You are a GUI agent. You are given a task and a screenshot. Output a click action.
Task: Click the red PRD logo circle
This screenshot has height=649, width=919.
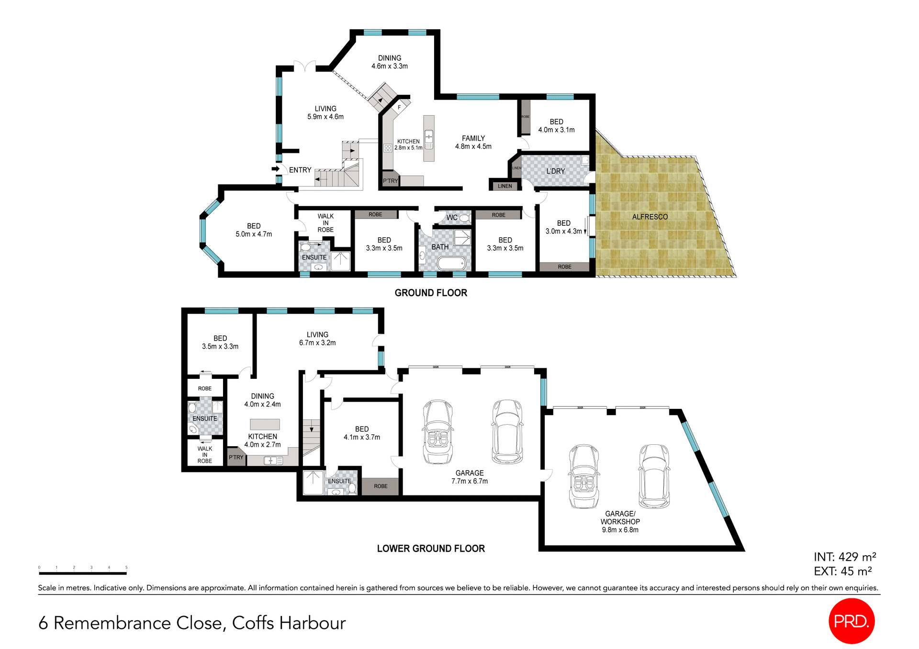(x=851, y=621)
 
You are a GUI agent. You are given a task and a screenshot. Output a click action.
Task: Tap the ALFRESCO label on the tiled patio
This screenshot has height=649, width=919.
(x=650, y=217)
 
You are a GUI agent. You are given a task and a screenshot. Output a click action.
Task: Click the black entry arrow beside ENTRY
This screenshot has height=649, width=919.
(x=276, y=169)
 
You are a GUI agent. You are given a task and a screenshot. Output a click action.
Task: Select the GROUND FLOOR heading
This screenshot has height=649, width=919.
(x=431, y=293)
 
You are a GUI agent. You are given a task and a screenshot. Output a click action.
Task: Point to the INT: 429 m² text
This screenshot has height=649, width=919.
(x=845, y=557)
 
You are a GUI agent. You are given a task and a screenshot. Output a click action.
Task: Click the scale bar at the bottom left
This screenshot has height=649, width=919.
(x=82, y=572)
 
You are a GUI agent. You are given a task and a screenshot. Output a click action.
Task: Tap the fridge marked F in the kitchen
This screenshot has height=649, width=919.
(x=399, y=108)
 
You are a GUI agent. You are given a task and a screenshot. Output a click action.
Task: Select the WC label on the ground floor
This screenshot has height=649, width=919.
(x=452, y=218)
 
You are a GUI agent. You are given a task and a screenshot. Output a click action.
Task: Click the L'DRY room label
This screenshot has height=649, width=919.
(x=555, y=171)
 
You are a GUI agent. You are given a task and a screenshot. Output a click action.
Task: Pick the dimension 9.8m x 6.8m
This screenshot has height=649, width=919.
(x=620, y=530)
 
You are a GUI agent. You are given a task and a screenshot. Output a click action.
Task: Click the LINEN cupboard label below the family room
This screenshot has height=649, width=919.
(x=504, y=186)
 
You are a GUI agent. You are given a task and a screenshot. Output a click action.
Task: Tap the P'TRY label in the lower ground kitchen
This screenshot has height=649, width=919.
(x=236, y=457)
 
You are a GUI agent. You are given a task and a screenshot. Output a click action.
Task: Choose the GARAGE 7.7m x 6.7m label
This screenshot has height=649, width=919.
(x=469, y=477)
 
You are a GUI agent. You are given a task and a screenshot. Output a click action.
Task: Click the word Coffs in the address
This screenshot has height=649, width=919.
(x=253, y=623)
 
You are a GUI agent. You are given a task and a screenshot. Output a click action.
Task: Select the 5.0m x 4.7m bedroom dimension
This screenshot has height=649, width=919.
(x=254, y=234)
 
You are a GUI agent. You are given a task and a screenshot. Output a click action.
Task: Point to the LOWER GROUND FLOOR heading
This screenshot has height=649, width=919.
(x=431, y=549)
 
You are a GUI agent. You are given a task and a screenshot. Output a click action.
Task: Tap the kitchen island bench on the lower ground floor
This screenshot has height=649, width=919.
(x=265, y=424)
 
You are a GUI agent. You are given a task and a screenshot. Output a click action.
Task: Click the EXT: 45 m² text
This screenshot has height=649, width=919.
(x=842, y=571)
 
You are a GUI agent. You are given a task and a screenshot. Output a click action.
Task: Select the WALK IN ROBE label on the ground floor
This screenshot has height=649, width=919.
(x=325, y=223)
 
